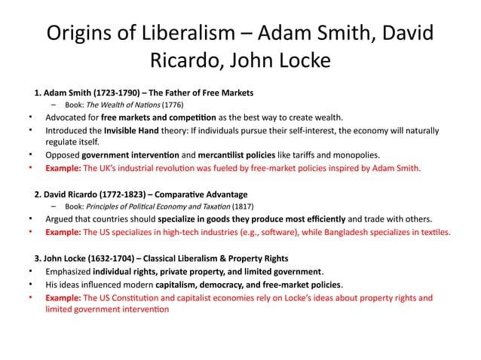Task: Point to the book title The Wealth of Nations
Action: point(124,105)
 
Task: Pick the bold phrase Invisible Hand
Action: point(130,130)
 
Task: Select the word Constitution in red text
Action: point(143,297)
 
